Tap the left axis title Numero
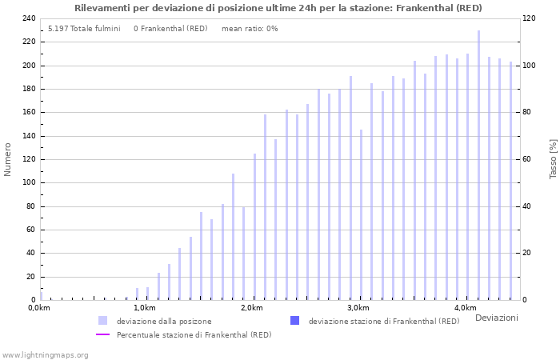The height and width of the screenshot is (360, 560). point(8,159)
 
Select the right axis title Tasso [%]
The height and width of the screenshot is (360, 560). point(553,159)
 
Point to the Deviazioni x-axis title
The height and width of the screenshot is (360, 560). point(496,318)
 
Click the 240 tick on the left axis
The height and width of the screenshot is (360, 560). point(28,18)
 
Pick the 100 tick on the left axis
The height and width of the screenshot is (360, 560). point(28,182)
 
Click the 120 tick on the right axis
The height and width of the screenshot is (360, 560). point(529,18)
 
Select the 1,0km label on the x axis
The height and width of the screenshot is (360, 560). point(144,308)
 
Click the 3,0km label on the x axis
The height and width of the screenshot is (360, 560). point(358,308)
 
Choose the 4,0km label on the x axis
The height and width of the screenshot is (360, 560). point(465,308)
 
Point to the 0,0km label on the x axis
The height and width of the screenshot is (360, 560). point(38,308)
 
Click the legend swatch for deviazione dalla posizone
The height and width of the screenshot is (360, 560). point(102,321)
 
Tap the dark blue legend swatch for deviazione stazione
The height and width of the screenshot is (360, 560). point(294,321)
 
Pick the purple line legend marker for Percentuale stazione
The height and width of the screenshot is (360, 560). point(102,334)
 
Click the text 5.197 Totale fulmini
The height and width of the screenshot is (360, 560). point(84,29)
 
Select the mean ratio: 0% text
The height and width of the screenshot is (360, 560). point(250,29)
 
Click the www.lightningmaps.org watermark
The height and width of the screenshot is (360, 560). point(45,354)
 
